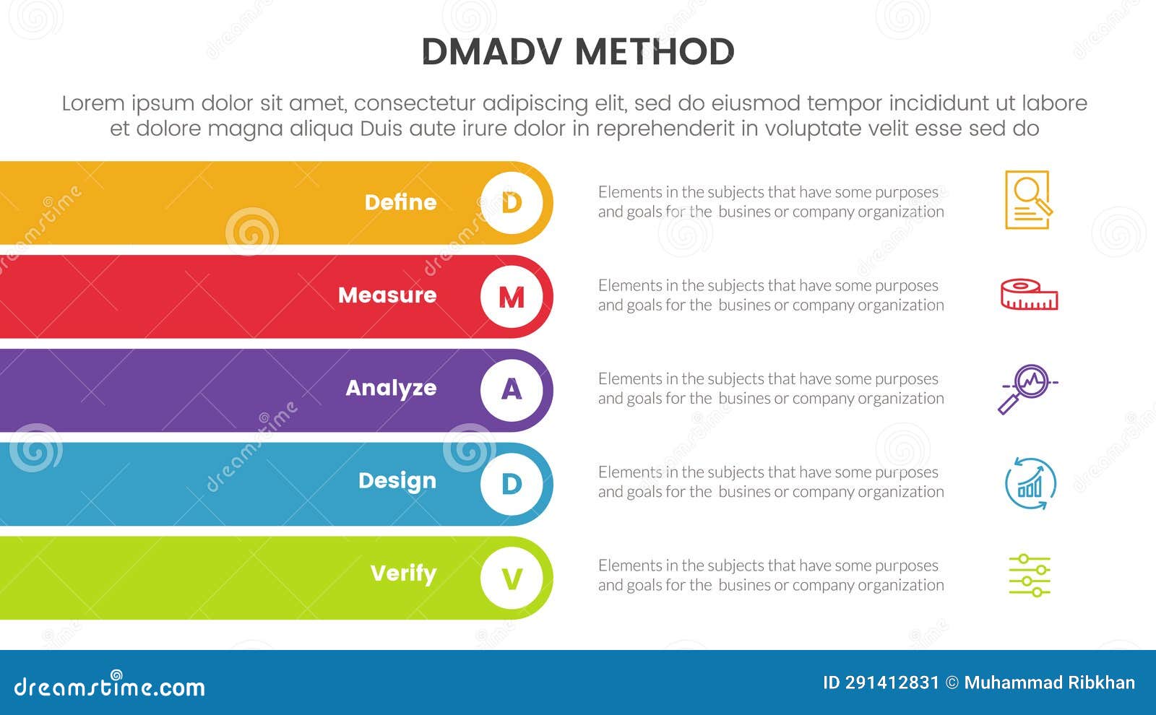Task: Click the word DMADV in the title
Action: coord(491,52)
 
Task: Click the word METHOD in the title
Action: coord(655,52)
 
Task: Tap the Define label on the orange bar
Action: coord(400,202)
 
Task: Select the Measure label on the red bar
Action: coord(387,295)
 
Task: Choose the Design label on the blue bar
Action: coord(397,482)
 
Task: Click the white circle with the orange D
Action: coord(512,203)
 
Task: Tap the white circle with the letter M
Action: coord(512,297)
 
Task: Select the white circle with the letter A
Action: coord(512,390)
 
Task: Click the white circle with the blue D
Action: coord(512,484)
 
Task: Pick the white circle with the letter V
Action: coord(512,578)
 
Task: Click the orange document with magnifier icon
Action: coord(1029,199)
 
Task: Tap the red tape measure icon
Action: coord(1029,295)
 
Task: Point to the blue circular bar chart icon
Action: coord(1030,483)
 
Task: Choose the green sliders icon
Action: coord(1030,576)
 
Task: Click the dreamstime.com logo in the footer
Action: coord(109,685)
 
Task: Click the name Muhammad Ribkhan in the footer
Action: coord(1050,683)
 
